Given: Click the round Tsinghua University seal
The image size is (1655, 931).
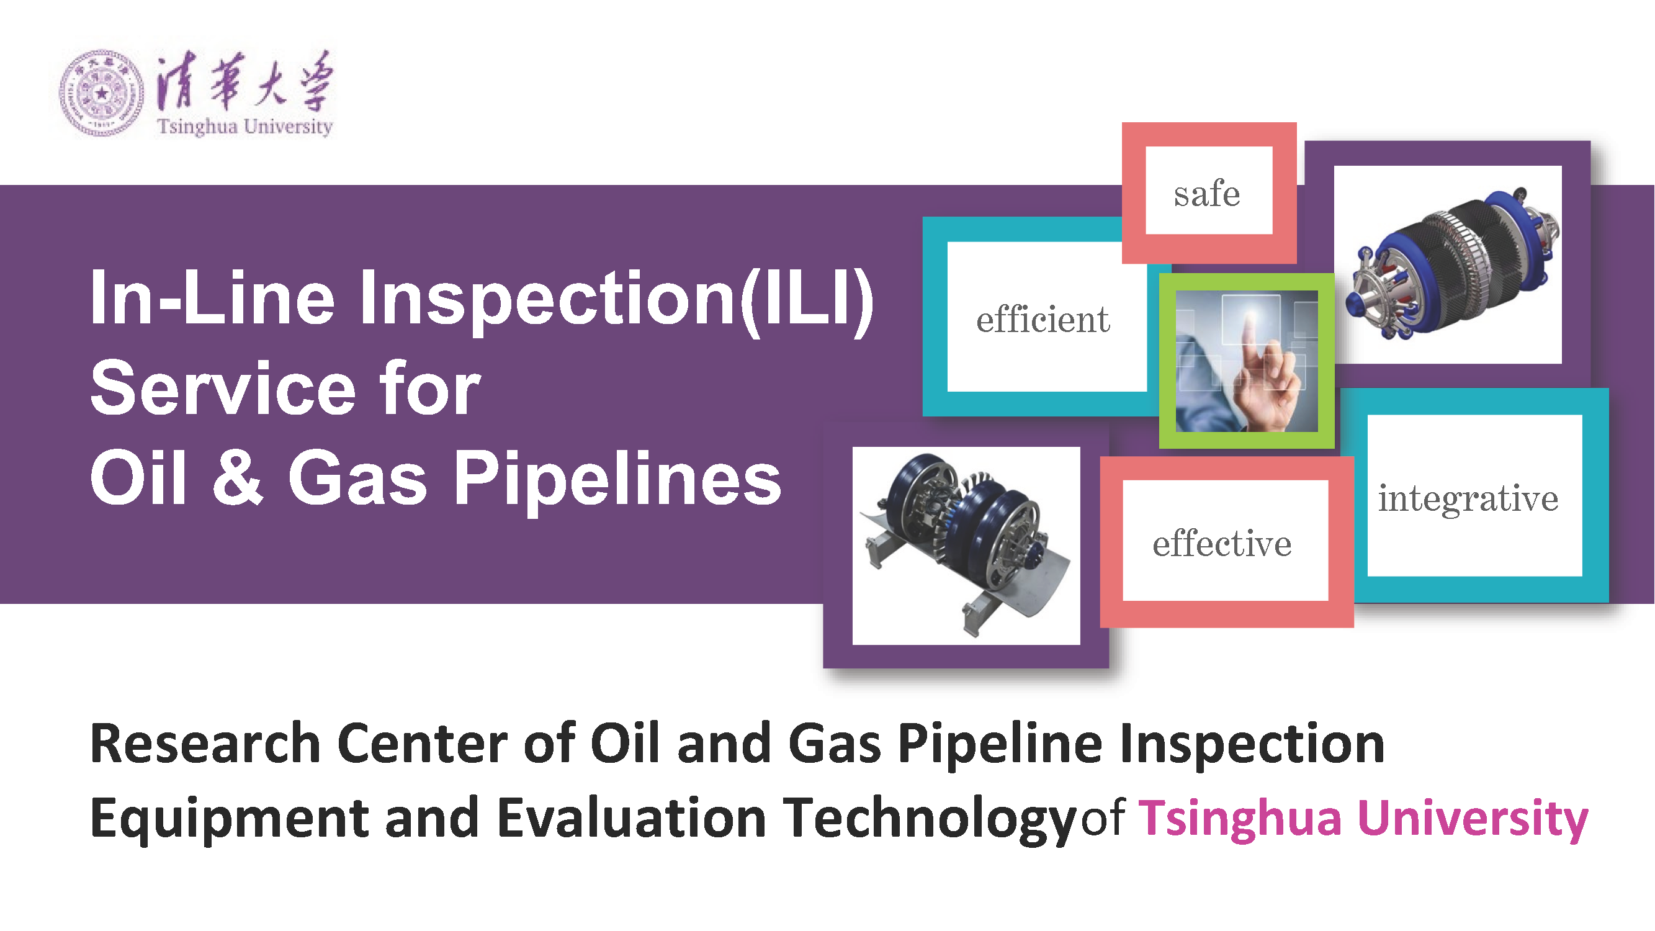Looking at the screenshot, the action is (x=102, y=93).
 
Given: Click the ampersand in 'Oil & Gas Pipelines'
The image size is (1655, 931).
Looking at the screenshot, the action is (x=238, y=477).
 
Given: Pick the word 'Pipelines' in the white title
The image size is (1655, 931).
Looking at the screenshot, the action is (x=617, y=479).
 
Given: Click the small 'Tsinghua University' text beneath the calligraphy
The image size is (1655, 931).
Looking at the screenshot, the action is (x=244, y=126).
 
